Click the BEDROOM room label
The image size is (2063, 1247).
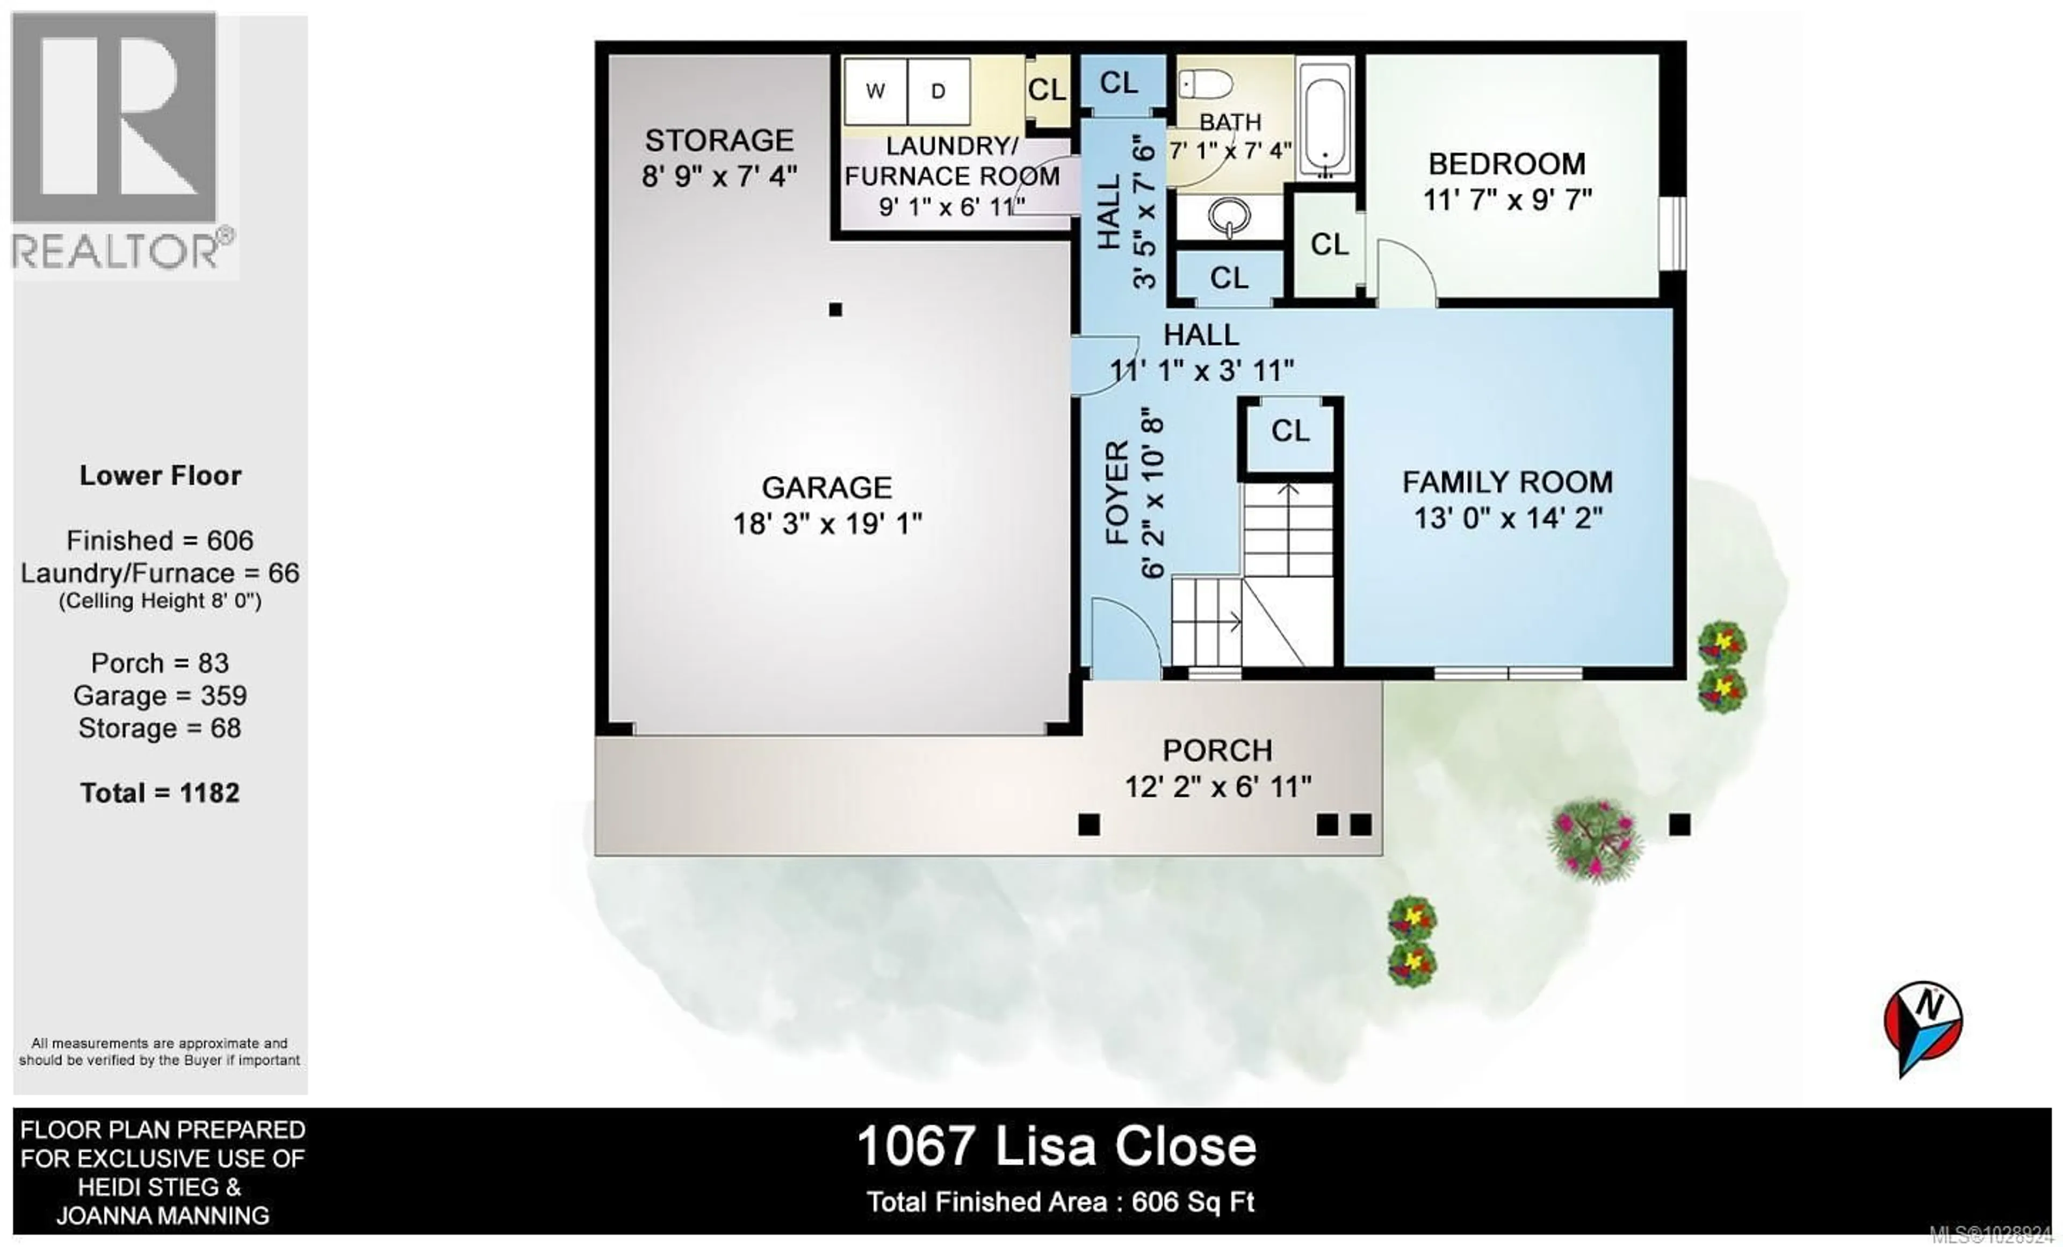1507,164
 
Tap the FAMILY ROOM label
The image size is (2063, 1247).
1507,482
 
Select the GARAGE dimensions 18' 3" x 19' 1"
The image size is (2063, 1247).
827,524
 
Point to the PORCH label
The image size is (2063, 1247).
1217,750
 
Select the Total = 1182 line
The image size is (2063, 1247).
160,793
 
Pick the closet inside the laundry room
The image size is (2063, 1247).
1047,90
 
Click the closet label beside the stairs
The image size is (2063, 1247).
1289,431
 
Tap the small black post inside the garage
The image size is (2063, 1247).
835,310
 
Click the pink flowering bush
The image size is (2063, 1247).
1594,838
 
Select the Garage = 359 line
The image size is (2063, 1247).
160,696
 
